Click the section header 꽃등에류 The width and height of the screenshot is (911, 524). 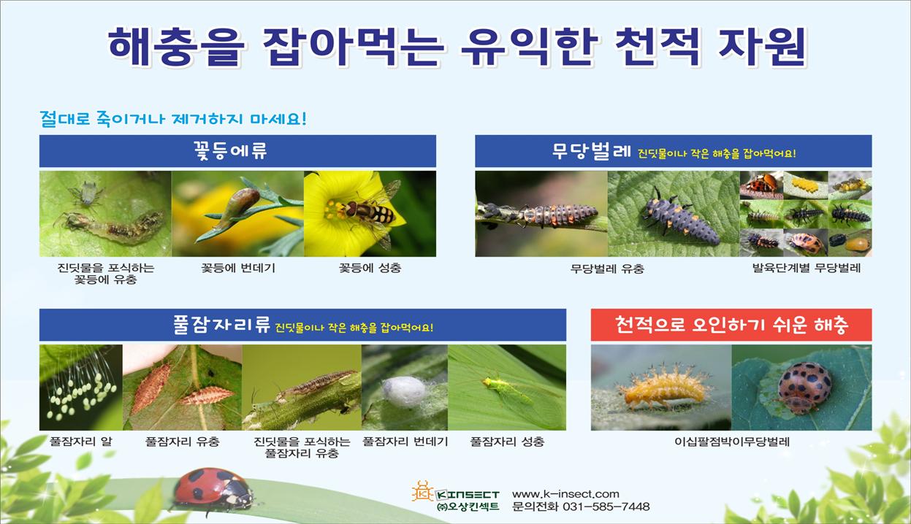pyautogui.click(x=230, y=151)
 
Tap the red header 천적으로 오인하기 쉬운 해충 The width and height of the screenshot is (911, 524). pyautogui.click(x=731, y=325)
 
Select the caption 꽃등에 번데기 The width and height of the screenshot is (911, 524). pyautogui.click(x=238, y=268)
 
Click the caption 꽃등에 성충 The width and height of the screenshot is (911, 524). pyautogui.click(x=370, y=268)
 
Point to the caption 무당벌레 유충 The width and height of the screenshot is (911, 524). pyautogui.click(x=607, y=269)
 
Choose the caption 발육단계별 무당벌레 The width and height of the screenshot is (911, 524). pyautogui.click(x=806, y=268)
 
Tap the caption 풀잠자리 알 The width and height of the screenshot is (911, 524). pyautogui.click(x=80, y=442)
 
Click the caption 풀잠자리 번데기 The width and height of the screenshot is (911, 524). pyautogui.click(x=405, y=442)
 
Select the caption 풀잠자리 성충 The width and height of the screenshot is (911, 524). pyautogui.click(x=507, y=442)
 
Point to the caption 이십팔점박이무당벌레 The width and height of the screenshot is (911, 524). pyautogui.click(x=732, y=442)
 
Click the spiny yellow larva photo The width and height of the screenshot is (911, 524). pyautogui.click(x=661, y=388)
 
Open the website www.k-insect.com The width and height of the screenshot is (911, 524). pyautogui.click(x=565, y=494)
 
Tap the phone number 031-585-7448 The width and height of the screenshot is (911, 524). pyautogui.click(x=606, y=506)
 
